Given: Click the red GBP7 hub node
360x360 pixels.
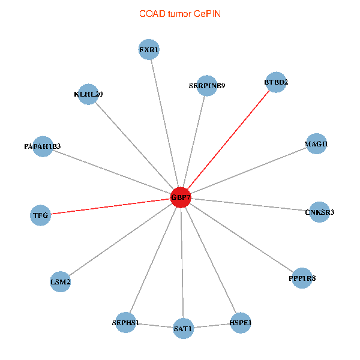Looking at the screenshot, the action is (x=181, y=197).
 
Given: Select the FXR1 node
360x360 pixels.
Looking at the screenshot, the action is (x=149, y=50).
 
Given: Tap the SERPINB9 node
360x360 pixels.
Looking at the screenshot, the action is (x=207, y=86).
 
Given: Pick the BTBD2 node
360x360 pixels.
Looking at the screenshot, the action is (x=276, y=82).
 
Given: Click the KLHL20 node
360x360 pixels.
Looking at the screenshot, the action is (x=88, y=94).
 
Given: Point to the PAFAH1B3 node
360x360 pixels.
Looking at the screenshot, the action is (x=43, y=146).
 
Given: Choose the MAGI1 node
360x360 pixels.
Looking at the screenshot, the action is (x=316, y=144).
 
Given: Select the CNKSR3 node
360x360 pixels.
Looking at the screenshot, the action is (x=319, y=212).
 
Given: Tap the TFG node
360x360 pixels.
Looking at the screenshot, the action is (x=40, y=215).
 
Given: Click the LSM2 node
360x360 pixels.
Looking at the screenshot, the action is (x=61, y=282).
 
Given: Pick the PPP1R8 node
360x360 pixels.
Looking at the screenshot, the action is (x=302, y=278).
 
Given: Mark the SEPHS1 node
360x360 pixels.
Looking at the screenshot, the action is (x=125, y=323).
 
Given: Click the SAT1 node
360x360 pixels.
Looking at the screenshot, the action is (x=183, y=329).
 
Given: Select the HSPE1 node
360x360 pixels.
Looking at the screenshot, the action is (x=241, y=323).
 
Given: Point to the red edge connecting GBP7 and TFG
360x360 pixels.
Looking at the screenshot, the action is (x=110, y=206).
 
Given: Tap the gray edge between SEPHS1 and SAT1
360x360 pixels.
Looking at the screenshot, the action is (x=154, y=326).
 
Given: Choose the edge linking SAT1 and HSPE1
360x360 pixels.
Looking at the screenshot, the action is (x=212, y=326).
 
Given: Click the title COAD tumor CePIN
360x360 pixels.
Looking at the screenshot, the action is (x=180, y=14).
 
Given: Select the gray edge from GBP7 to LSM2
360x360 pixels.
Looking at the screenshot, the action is (x=121, y=239).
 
